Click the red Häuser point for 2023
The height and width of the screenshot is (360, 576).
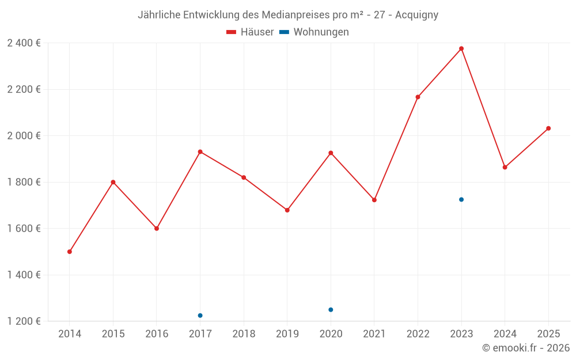pos(461,48)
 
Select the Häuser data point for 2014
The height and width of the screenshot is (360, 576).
pos(70,252)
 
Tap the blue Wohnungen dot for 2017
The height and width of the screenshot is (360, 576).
pos(200,316)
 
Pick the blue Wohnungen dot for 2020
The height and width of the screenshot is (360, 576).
pos(331,310)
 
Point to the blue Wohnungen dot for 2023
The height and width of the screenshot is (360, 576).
pos(461,199)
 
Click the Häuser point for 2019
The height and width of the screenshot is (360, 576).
pos(287,210)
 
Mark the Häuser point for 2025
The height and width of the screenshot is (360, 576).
pos(548,128)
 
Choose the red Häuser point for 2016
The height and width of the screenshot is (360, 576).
pos(157,229)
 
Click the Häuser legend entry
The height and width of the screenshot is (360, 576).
pos(251,32)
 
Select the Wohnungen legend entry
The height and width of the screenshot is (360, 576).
pos(314,32)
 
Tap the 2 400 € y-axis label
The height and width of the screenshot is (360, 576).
pos(24,43)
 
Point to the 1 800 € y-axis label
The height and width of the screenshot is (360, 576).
pos(24,182)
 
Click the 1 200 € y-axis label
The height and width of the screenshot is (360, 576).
pos(24,321)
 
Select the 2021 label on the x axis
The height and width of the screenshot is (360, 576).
pos(374,334)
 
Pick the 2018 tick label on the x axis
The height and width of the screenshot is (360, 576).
pos(244,334)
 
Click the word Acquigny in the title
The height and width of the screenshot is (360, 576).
pos(416,15)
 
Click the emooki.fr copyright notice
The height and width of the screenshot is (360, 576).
pos(526,348)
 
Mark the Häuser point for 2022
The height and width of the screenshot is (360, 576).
pos(418,97)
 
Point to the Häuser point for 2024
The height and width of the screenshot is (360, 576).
pos(505,167)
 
